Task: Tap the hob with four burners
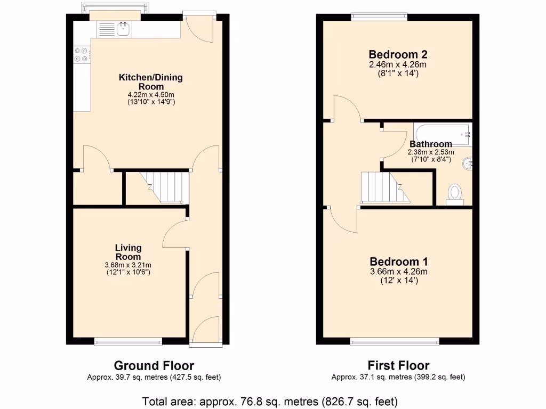point(82,53)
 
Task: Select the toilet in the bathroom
point(455,193)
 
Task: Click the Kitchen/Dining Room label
point(150,82)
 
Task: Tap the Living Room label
point(129,252)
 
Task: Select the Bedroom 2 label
point(398,54)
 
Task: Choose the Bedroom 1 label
point(399,261)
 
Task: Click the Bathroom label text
point(431,144)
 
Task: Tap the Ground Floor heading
point(154,365)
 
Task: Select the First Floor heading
point(398,365)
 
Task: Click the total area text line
point(270,401)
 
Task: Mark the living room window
point(128,341)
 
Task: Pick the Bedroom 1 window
point(395,341)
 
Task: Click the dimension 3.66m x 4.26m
point(399,272)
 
